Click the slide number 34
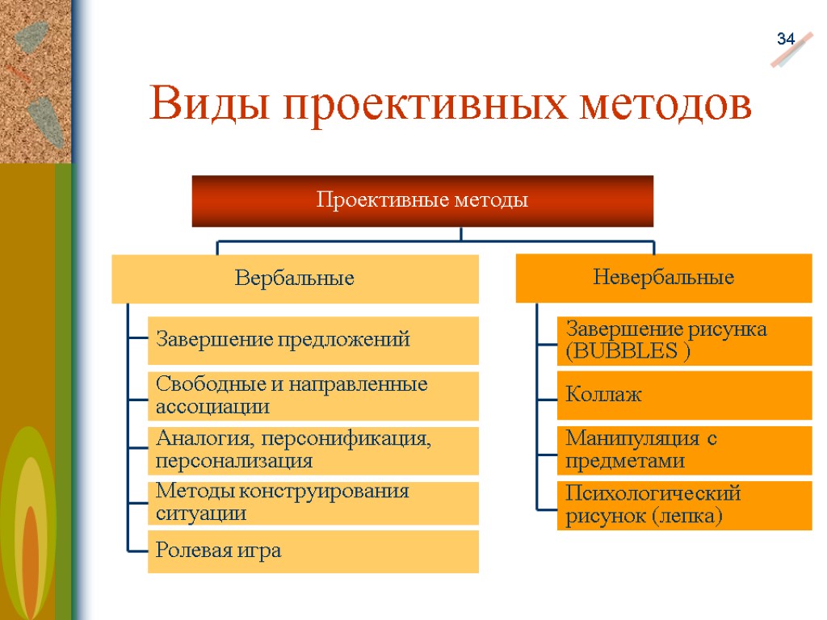786,39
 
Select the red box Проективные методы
422,200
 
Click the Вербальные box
295,279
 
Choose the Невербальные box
663,278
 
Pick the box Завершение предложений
313,340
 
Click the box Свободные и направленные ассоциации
313,396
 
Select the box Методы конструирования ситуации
313,502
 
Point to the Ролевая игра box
313,551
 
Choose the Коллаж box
683,395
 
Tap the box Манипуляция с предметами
683,450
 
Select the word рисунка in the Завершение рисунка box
727,329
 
